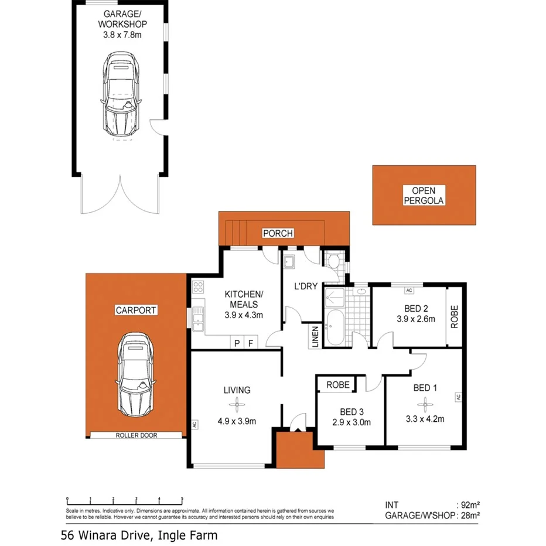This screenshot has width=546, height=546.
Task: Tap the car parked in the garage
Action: [122, 97]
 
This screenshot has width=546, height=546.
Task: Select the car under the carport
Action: [136, 375]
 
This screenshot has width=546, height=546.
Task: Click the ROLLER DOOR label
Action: [136, 435]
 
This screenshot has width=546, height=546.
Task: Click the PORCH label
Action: [277, 233]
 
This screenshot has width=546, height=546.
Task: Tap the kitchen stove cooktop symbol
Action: [198, 287]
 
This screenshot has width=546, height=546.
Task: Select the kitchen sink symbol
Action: [198, 320]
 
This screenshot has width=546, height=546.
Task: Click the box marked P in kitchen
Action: [237, 343]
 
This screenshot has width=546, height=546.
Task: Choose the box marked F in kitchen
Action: [251, 343]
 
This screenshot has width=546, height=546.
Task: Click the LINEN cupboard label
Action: [315, 336]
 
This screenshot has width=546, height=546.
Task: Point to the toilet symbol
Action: [334, 261]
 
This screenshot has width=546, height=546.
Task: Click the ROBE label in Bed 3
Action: [337, 385]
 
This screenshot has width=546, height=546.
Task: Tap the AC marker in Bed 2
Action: [409, 290]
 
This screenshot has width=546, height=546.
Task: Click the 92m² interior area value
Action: [468, 504]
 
